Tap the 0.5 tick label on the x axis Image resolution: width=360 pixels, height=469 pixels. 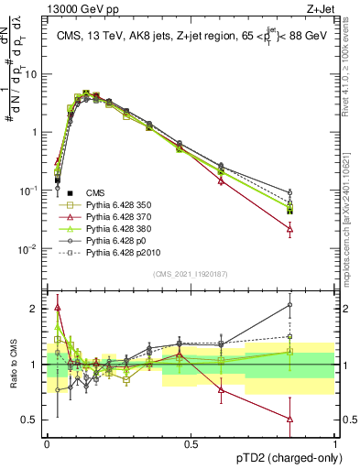click(x=191, y=443)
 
